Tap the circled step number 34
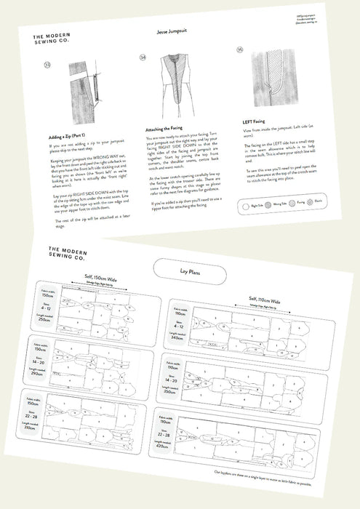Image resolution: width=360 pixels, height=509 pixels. (x=143, y=56)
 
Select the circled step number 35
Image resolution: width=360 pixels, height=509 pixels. (x=241, y=50)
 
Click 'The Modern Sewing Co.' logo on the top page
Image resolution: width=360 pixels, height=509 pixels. (x=58, y=41)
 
